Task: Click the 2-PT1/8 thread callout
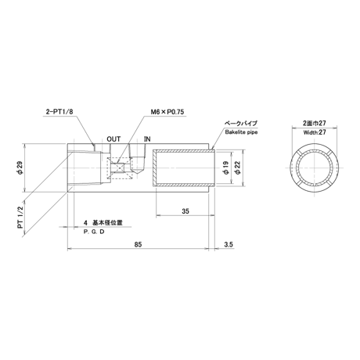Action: (x=59, y=112)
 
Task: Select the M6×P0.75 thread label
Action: (x=167, y=112)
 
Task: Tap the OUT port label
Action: (x=113, y=139)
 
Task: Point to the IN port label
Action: (x=147, y=139)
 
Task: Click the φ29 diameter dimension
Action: (x=20, y=167)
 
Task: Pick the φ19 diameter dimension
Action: (x=226, y=167)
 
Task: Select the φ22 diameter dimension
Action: (x=238, y=167)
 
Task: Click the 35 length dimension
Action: (x=185, y=211)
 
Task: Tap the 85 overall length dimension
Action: (x=138, y=244)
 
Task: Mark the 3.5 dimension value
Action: (x=229, y=244)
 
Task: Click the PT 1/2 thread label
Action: (x=20, y=218)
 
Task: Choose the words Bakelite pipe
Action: (x=241, y=132)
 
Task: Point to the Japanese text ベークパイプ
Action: (x=241, y=123)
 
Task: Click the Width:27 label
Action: (x=315, y=132)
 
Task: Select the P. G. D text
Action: (x=94, y=232)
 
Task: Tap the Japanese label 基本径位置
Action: (x=107, y=223)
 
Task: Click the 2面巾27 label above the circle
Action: (x=315, y=123)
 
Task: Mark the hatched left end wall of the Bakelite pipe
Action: (x=154, y=167)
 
